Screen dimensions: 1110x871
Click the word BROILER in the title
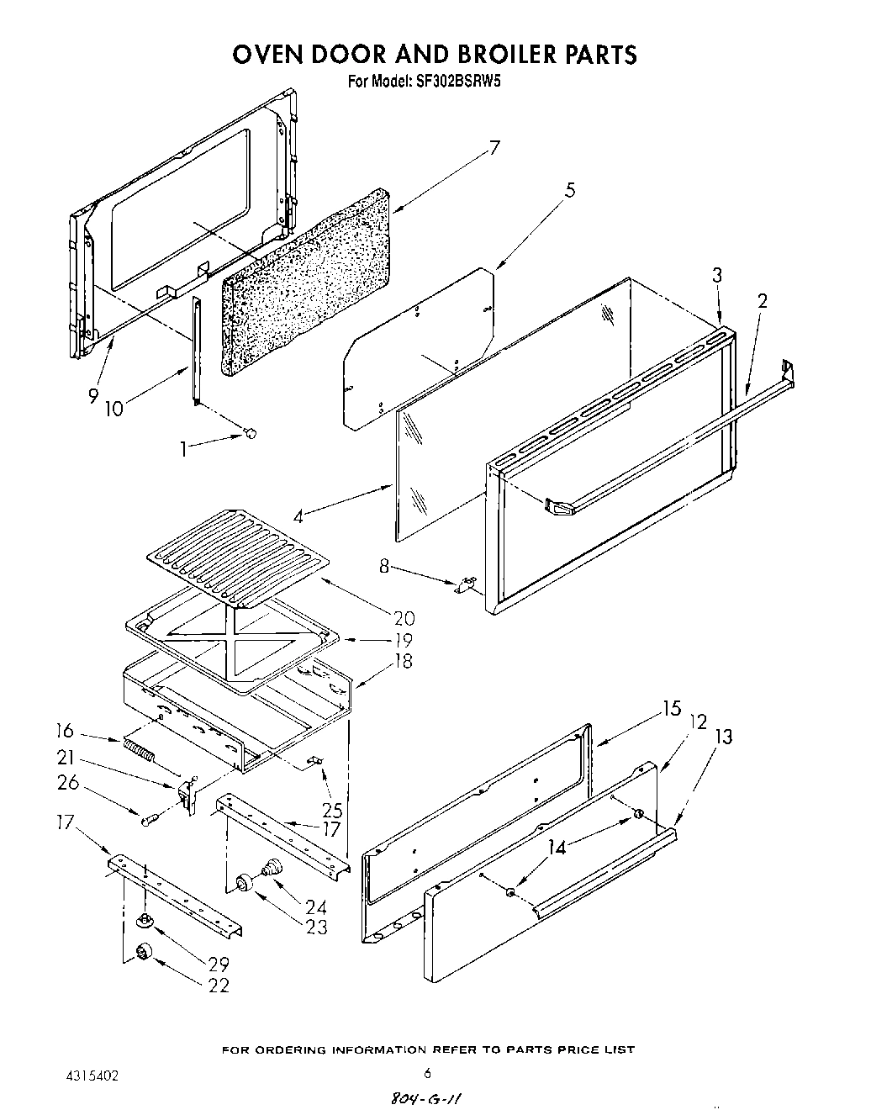click(494, 55)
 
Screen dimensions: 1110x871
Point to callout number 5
click(570, 191)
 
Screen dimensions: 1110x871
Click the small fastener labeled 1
click(249, 432)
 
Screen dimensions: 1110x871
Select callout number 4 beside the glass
click(300, 515)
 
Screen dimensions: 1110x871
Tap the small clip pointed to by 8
click(465, 584)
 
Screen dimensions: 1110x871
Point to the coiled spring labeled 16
click(140, 748)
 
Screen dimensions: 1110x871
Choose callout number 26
click(68, 783)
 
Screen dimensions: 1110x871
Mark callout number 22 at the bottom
click(218, 986)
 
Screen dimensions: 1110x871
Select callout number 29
click(218, 965)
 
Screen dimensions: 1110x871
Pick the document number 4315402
click(92, 1072)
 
